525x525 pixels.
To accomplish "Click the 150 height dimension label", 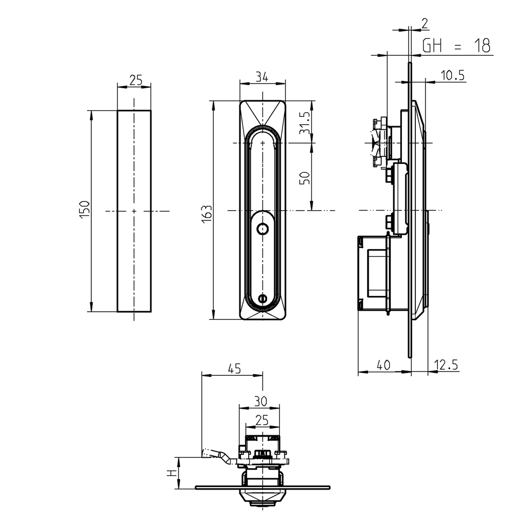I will click(85, 210).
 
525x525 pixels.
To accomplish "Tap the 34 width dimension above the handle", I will click(261, 77).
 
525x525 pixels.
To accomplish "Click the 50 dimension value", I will click(304, 178).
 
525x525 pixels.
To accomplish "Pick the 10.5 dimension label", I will click(452, 75).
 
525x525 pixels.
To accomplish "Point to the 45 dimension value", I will click(233, 368).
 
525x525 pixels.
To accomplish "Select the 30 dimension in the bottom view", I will click(261, 400).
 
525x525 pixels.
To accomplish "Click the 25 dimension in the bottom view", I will click(261, 420).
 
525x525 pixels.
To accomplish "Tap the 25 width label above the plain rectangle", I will click(135, 79).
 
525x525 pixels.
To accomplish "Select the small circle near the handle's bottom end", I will click(262, 298).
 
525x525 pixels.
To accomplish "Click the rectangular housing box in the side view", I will click(373, 273).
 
